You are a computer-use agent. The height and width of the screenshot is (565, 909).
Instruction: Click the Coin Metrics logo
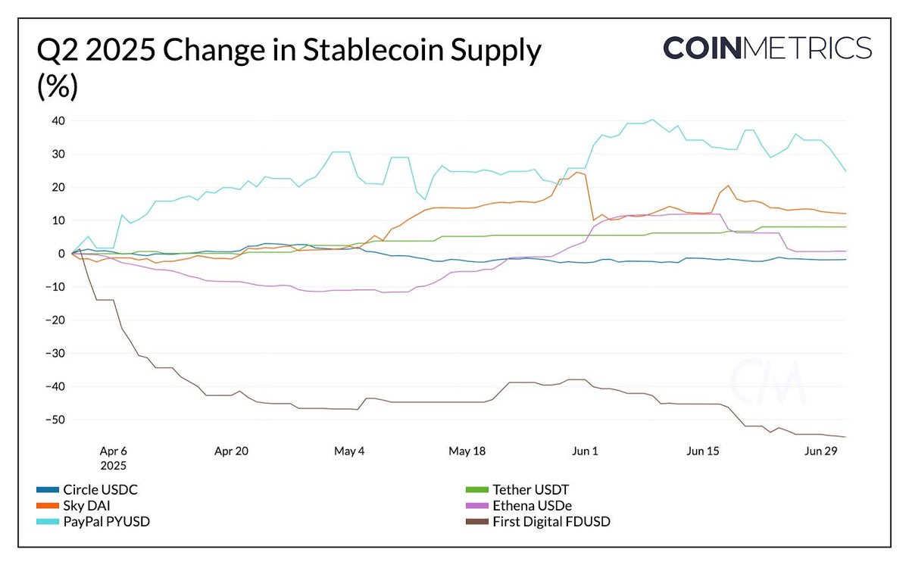[x=767, y=48]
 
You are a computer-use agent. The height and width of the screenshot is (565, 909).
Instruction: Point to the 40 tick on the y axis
[x=57, y=121]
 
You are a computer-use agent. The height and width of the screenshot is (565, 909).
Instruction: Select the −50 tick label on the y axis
[x=54, y=420]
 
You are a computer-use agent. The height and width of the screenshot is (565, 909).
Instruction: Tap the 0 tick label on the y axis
[x=61, y=254]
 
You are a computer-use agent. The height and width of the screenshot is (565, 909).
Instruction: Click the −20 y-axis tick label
[x=54, y=320]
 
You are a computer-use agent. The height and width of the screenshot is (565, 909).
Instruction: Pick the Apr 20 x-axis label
[x=232, y=451]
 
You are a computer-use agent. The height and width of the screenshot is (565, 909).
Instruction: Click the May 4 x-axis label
[x=349, y=451]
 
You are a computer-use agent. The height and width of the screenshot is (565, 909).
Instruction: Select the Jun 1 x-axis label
[x=585, y=451]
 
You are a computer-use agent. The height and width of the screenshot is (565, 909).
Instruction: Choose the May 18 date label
[x=467, y=451]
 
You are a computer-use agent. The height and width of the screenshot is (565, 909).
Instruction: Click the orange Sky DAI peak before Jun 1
[x=577, y=172]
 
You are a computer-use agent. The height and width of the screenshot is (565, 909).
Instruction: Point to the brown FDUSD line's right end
[x=845, y=436]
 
